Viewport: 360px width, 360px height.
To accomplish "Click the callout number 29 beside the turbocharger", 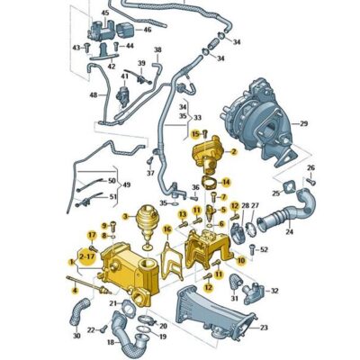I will (x=303, y=122).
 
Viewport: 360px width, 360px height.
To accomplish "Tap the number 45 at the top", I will (x=104, y=13).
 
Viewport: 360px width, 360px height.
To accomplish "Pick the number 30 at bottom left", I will (x=77, y=336).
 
